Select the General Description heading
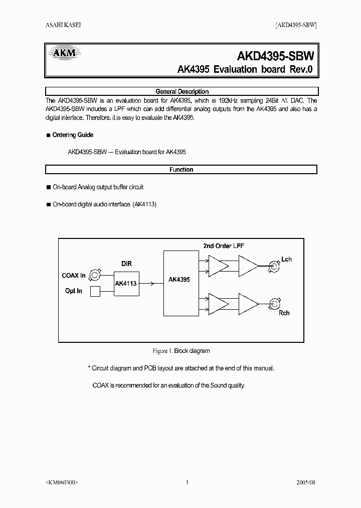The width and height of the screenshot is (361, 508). click(182, 92)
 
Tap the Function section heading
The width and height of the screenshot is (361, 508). click(182, 170)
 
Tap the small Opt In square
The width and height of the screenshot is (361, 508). click(95, 291)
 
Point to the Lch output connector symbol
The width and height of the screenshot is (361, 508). click(274, 265)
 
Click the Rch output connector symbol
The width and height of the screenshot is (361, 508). click(274, 304)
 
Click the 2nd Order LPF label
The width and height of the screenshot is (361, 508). click(224, 246)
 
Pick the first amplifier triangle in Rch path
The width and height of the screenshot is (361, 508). click(218, 304)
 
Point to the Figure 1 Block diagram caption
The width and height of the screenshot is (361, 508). click(181, 351)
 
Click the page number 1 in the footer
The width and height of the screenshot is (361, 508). click(187, 482)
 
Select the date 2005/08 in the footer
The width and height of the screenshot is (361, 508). click(305, 482)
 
